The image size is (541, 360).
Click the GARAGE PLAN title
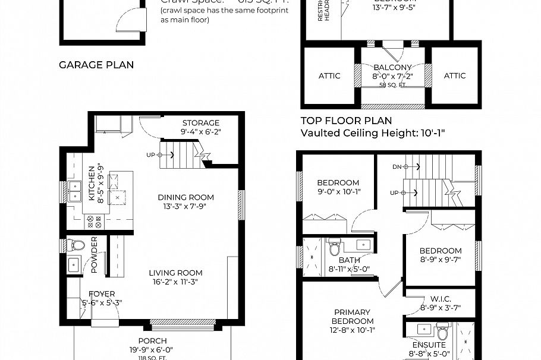96,65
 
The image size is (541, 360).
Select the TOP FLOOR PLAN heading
346,121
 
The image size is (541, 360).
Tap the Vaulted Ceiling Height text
373,132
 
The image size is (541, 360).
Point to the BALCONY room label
392,68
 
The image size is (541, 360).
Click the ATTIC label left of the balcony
329,75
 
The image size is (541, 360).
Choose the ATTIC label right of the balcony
455,75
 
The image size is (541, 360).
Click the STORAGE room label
201,123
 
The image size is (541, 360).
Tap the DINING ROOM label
185,197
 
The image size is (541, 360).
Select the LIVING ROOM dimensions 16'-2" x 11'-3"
175,282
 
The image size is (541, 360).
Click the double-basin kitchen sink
76,192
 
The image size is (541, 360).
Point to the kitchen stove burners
95,222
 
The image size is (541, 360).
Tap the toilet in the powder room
76,245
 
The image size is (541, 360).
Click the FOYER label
102,294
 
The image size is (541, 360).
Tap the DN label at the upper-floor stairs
397,167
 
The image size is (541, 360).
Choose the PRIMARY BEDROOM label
352,317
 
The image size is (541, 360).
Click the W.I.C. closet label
440,299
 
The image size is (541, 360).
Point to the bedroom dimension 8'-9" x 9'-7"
441,260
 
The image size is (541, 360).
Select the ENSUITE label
429,345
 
